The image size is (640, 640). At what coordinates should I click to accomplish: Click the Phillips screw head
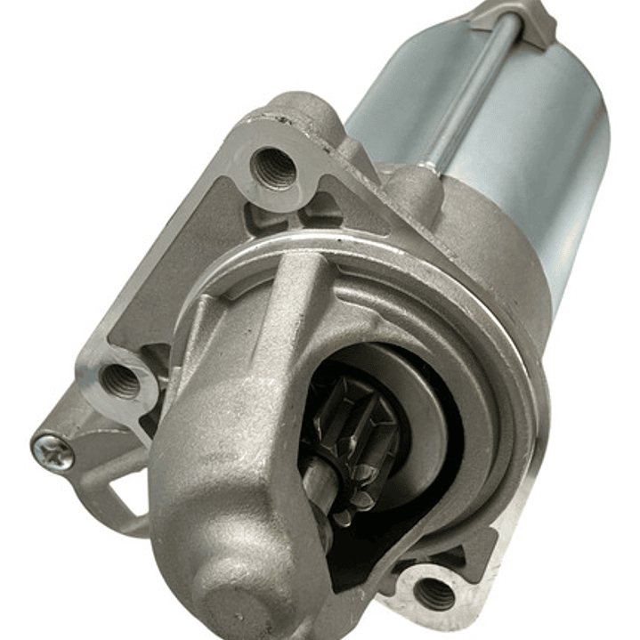pyautogui.click(x=53, y=451)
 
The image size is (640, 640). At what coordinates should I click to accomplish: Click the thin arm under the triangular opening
pyautogui.click(x=116, y=525)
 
